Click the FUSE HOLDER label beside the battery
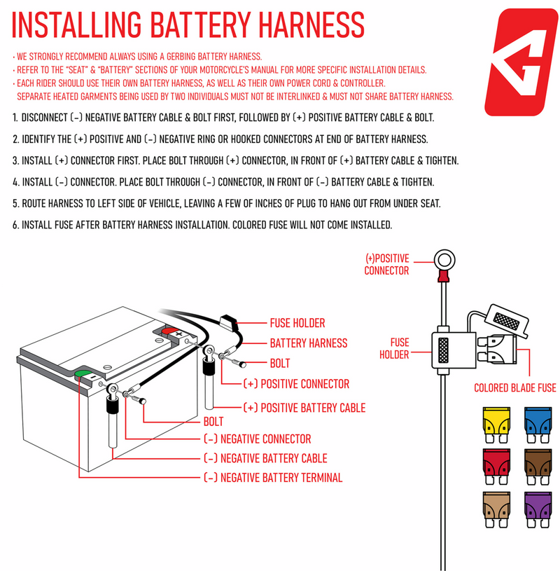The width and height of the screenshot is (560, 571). tap(297, 323)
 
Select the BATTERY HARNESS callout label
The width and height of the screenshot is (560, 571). tap(309, 343)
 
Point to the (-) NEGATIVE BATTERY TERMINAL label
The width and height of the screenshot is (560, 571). tap(273, 478)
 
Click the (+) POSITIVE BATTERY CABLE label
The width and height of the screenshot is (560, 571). tap(304, 407)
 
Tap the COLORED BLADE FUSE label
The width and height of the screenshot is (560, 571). tap(515, 387)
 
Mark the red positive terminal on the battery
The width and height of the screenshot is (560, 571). tap(170, 331)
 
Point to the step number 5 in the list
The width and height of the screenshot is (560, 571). tap(15, 205)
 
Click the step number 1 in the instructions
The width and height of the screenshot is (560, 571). tap(15, 117)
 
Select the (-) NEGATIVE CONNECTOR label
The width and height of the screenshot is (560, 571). tap(257, 439)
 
